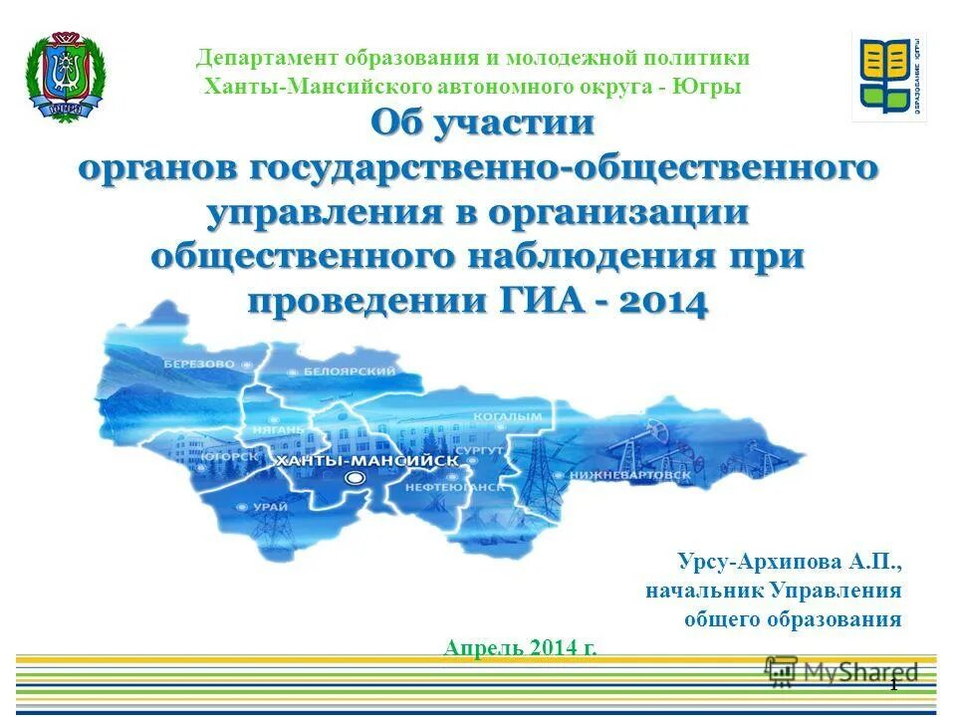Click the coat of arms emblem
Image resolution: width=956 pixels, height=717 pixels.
61,77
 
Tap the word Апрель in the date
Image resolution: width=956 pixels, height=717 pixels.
477,648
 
